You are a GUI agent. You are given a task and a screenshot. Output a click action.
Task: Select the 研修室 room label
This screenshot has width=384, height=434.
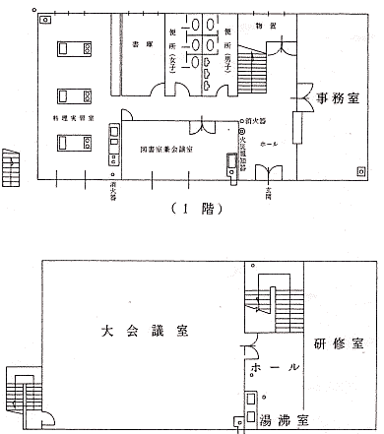tap(340, 344)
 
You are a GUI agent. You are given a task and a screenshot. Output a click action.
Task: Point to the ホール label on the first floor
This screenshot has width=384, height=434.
tap(268, 143)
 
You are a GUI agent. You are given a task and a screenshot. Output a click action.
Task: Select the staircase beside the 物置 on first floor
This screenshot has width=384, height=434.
tap(254, 74)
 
